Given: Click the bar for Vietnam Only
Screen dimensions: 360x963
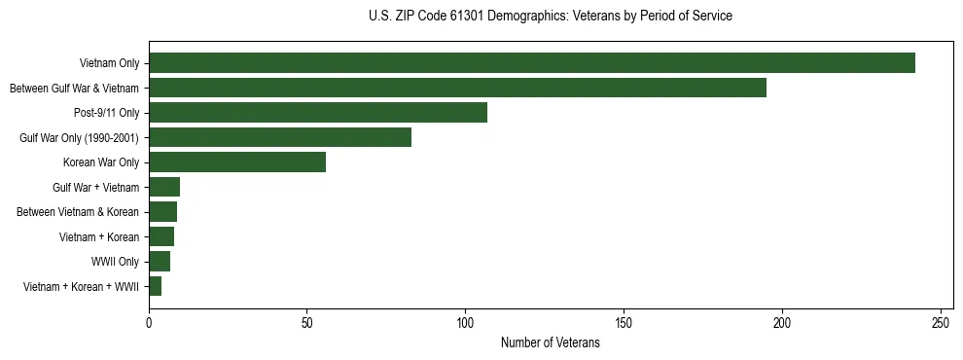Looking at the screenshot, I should (x=532, y=63).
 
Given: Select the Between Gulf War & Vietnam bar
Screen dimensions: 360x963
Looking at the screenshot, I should (x=457, y=88).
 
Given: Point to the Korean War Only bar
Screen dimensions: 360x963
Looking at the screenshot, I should (x=237, y=162).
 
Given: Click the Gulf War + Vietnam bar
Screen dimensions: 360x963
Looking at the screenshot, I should (x=164, y=187).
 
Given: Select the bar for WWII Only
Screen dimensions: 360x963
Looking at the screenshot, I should (x=160, y=262).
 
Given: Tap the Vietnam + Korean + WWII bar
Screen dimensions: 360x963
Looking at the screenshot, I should (x=155, y=286).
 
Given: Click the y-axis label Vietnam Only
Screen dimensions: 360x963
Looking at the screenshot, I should (x=109, y=64).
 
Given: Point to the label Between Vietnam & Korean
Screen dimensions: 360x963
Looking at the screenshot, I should (x=79, y=212).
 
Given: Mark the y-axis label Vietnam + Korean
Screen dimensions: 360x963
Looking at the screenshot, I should (x=100, y=237).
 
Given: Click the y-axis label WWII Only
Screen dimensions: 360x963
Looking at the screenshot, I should (x=115, y=262).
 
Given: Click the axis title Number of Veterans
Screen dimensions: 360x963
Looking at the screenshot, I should (x=550, y=342).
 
